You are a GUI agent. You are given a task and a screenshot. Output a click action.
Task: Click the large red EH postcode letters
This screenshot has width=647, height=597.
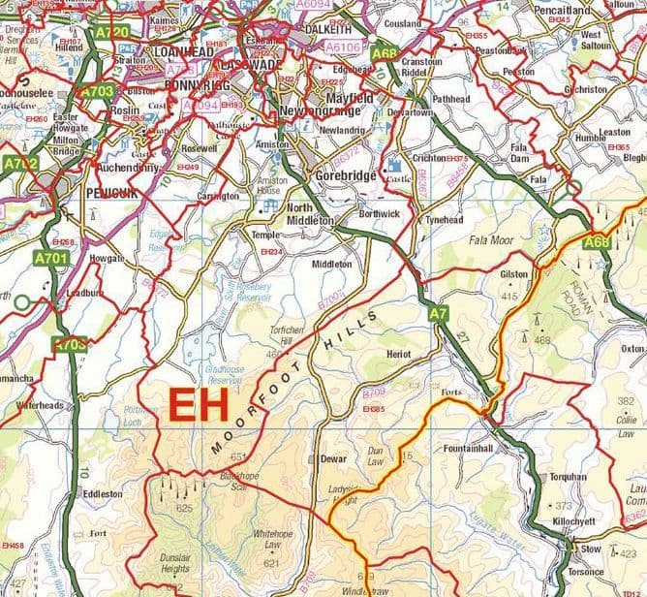click(200, 405)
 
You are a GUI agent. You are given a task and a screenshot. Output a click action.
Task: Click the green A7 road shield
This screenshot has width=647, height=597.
click(438, 312)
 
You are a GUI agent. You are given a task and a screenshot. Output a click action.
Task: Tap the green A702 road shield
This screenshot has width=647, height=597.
click(19, 165)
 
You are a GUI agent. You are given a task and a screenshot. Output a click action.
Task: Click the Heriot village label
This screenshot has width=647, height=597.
click(398, 356)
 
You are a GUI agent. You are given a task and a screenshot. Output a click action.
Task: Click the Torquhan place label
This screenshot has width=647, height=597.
click(568, 477)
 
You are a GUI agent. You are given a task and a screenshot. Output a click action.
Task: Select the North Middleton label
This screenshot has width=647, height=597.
click(310, 214)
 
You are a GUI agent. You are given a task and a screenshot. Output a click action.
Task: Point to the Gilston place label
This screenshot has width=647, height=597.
click(513, 274)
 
